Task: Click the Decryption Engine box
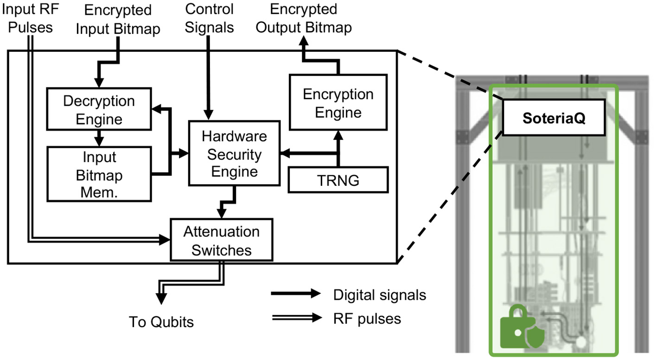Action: click(99, 110)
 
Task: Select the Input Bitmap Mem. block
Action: click(99, 174)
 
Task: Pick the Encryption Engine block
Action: click(338, 103)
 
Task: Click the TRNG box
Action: click(338, 180)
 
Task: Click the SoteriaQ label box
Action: click(554, 119)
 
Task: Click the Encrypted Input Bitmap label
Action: click(118, 19)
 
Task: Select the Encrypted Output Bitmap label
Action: click(304, 18)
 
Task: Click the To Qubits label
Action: click(161, 321)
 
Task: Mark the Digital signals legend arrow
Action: click(295, 294)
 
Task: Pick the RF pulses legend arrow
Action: click(295, 317)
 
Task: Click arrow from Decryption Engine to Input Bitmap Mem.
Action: click(99, 138)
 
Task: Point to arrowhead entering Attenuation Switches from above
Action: click(222, 213)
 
